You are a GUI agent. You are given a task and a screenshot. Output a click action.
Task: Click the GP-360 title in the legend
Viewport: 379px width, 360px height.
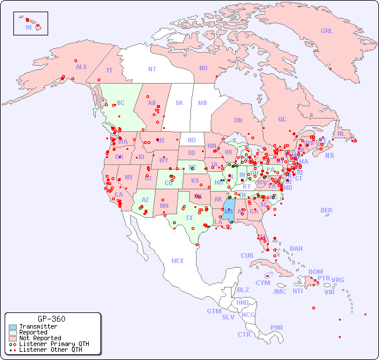coord(51,319)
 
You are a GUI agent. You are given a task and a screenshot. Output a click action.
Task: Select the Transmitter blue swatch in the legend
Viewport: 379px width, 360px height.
coord(12,327)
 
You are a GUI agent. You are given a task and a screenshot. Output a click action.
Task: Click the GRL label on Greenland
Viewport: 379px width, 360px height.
coord(327,31)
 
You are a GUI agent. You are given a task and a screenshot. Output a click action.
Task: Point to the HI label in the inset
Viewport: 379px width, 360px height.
coord(28,27)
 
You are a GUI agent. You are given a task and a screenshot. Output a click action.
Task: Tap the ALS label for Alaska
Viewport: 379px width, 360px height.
coord(81,67)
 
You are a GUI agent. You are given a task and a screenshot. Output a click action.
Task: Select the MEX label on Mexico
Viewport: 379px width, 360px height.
coord(178,261)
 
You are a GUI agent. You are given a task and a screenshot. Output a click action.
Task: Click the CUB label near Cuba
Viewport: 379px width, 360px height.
coord(247,255)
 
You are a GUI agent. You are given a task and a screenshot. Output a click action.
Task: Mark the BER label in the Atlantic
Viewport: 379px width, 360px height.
coord(327,210)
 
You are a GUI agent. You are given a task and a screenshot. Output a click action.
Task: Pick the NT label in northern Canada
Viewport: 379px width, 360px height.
coord(152,69)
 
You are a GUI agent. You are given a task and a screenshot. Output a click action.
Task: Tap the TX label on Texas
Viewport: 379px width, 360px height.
coord(189,218)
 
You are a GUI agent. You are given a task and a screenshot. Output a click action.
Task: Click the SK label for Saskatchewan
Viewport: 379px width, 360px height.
coord(179,103)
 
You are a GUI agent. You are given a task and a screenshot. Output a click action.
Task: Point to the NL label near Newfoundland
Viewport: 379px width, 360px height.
coord(341,134)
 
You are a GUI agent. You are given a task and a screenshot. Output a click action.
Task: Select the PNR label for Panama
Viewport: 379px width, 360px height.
coord(277,327)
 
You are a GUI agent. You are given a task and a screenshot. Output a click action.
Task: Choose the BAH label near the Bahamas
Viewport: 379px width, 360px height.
coord(296,249)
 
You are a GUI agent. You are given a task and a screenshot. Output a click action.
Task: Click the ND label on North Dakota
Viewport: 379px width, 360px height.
coord(192,140)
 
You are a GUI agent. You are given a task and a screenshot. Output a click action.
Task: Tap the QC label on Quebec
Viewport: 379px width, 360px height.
coord(282,119)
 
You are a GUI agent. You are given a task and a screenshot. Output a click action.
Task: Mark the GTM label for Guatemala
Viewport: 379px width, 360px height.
coord(214,311)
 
